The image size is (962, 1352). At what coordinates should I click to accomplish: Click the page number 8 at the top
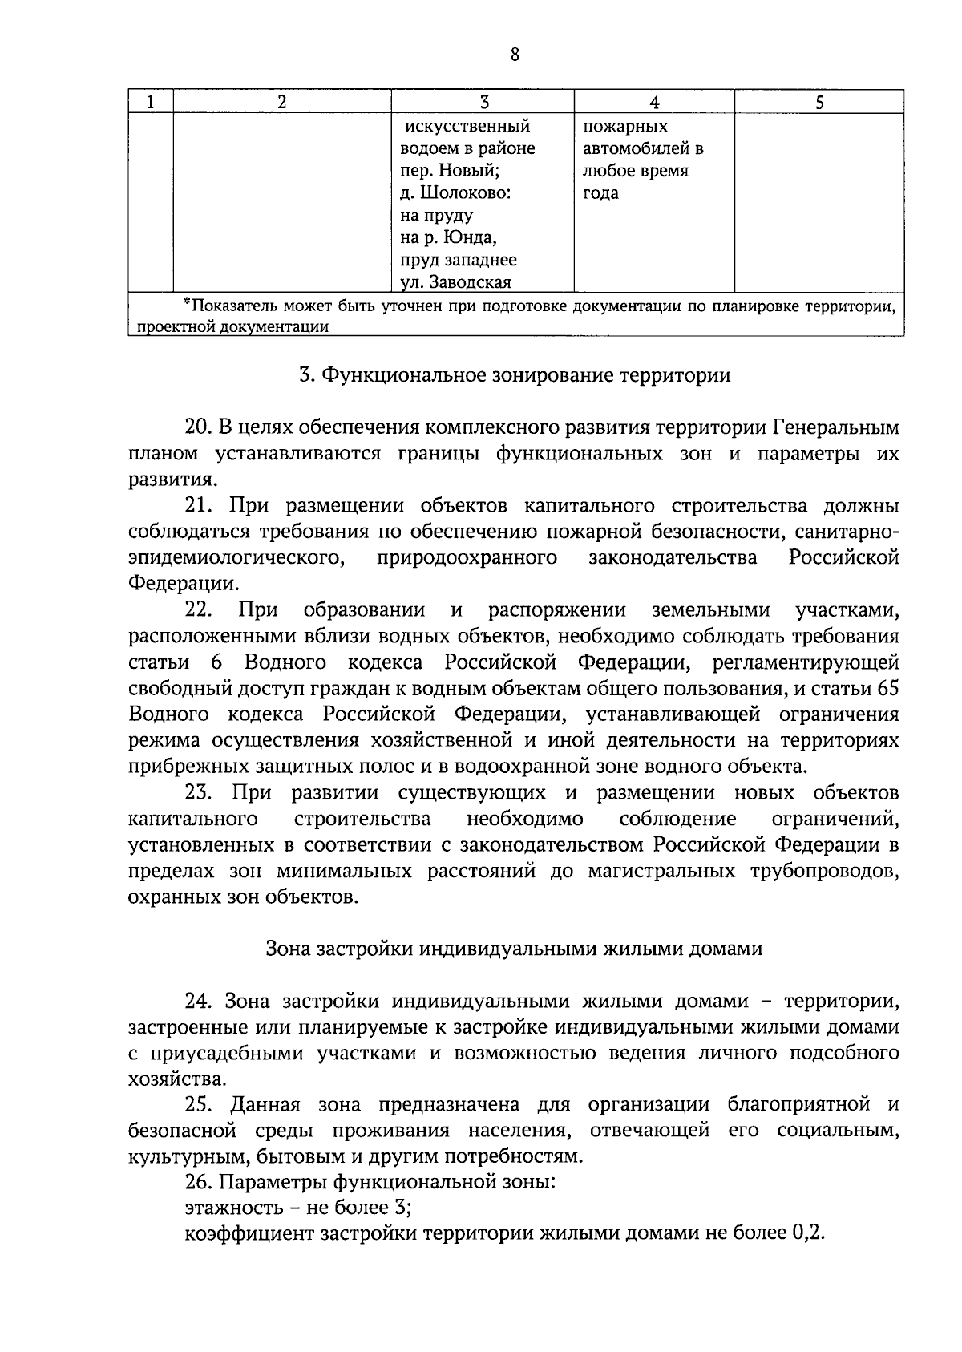514,55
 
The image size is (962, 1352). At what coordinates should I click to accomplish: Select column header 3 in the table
483,102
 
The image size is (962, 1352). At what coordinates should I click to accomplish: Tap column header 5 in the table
819,102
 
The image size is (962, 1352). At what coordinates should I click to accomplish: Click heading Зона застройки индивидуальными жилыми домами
514,949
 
